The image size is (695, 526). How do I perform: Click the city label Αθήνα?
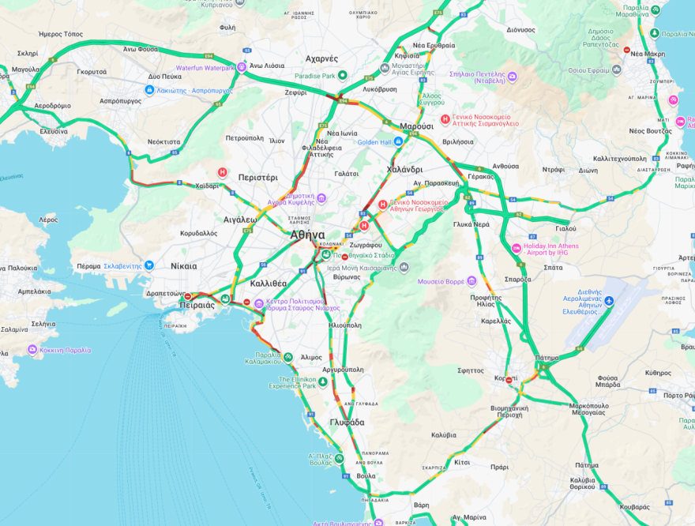pyautogui.click(x=307, y=235)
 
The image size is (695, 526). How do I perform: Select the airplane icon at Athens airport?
pyautogui.click(x=608, y=301)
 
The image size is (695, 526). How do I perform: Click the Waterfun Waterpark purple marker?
pyautogui.click(x=242, y=67)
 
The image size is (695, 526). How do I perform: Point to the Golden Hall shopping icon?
pyautogui.click(x=398, y=141)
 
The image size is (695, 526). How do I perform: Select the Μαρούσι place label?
pyautogui.click(x=416, y=126)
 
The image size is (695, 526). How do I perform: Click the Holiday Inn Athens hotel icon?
pyautogui.click(x=517, y=249)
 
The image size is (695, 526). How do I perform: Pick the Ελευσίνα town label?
pyautogui.click(x=54, y=131)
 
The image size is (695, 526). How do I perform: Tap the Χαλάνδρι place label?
pyautogui.click(x=404, y=170)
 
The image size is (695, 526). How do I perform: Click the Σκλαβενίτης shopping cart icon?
pyautogui.click(x=149, y=265)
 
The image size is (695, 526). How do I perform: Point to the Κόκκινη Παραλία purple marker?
pyautogui.click(x=32, y=349)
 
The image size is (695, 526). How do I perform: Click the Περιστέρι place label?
pyautogui.click(x=257, y=178)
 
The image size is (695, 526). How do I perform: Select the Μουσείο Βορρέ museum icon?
pyautogui.click(x=471, y=280)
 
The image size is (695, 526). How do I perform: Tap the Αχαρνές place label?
pyautogui.click(x=321, y=58)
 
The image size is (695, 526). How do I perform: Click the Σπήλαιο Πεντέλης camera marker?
pyautogui.click(x=512, y=76)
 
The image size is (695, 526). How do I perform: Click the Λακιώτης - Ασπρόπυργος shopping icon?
pyautogui.click(x=149, y=90)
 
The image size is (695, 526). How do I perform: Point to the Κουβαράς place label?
pyautogui.click(x=635, y=506)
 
